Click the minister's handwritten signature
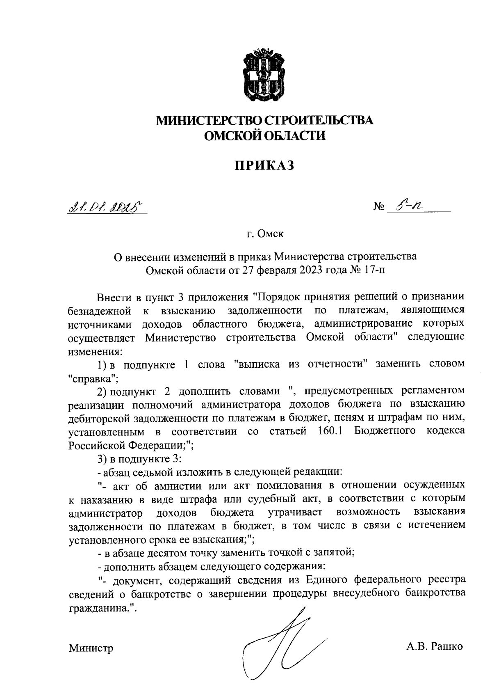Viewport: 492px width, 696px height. (283, 644)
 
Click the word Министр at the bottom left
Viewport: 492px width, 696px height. (91, 648)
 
